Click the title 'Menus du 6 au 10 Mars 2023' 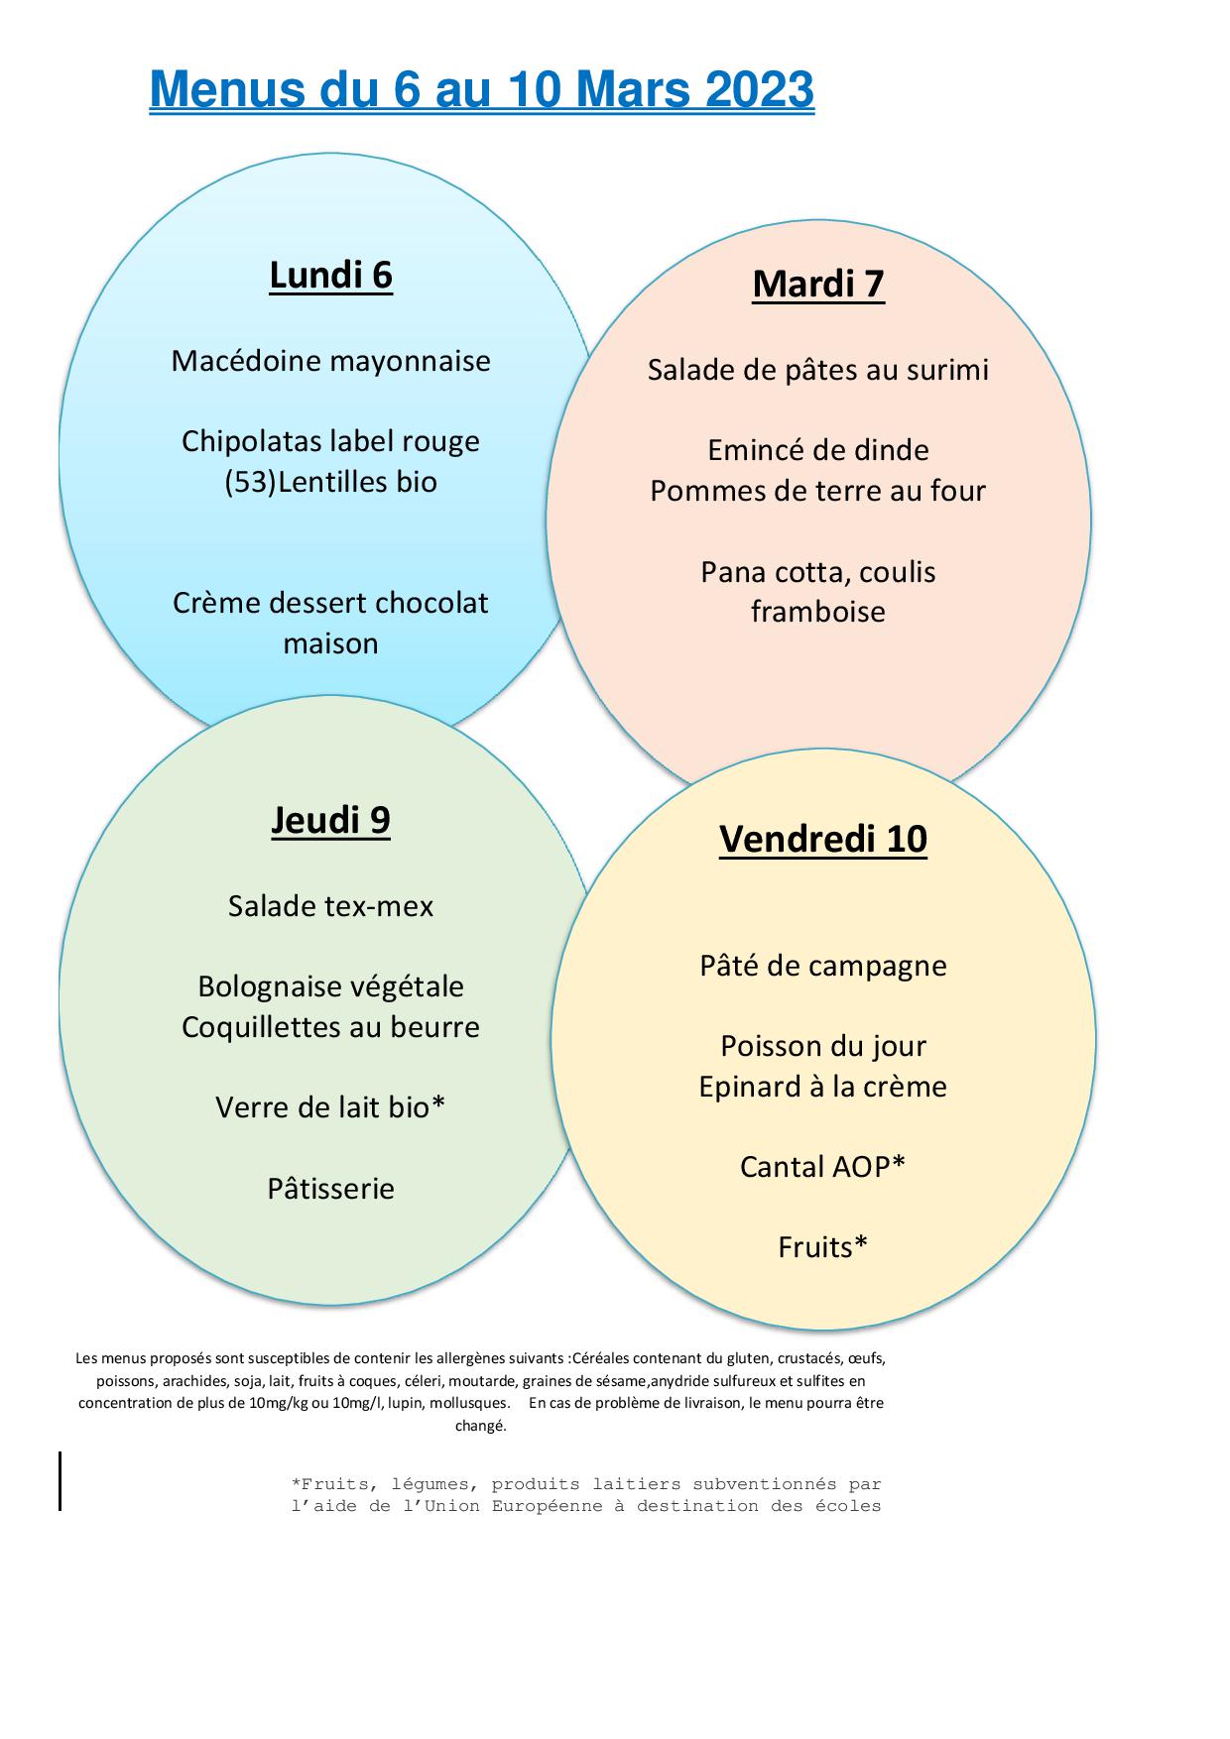pyautogui.click(x=481, y=90)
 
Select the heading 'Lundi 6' pyautogui.click(x=331, y=275)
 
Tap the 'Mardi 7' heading pyautogui.click(x=818, y=284)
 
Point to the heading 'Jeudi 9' pyautogui.click(x=331, y=820)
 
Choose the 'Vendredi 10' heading pyautogui.click(x=823, y=839)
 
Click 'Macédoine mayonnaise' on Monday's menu pyautogui.click(x=331, y=360)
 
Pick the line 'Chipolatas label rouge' pyautogui.click(x=331, y=441)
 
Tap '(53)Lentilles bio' pyautogui.click(x=331, y=482)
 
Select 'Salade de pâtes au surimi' pyautogui.click(x=818, y=370)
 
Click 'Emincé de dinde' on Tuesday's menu pyautogui.click(x=818, y=450)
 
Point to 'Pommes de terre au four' pyautogui.click(x=818, y=491)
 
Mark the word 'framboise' pyautogui.click(x=818, y=612)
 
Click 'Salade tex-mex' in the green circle pyautogui.click(x=331, y=906)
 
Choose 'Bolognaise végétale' pyautogui.click(x=331, y=986)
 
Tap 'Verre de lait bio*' pyautogui.click(x=331, y=1107)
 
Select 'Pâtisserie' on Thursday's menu pyautogui.click(x=331, y=1188)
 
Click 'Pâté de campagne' pyautogui.click(x=823, y=966)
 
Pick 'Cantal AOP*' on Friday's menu pyautogui.click(x=823, y=1167)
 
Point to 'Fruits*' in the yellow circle pyautogui.click(x=823, y=1247)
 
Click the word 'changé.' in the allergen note pyautogui.click(x=481, y=1427)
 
